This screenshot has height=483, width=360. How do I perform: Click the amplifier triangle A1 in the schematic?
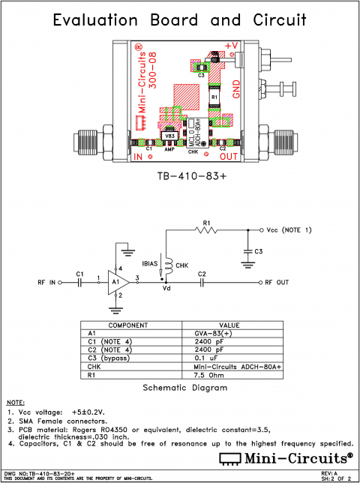click(116, 283)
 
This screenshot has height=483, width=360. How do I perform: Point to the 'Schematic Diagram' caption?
click(179, 389)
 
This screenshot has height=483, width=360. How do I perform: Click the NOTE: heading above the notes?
click(15, 404)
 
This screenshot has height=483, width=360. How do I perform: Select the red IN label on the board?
click(138, 157)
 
